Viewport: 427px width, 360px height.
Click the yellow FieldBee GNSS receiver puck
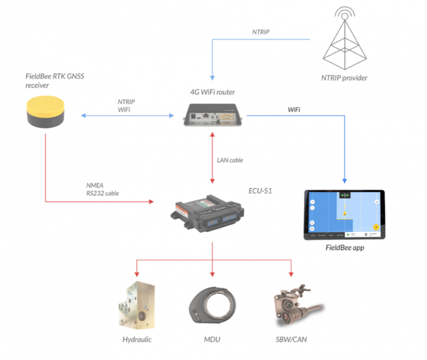coord(47,111)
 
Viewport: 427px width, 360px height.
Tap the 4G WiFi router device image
coord(213,115)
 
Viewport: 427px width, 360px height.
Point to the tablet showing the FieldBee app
coord(344,215)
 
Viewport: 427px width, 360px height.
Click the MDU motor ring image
coord(213,307)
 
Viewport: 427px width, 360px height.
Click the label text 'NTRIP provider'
coord(345,77)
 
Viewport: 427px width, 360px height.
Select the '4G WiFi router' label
coord(213,91)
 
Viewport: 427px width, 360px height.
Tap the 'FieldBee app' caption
coord(345,248)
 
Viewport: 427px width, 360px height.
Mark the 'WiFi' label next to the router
coord(294,110)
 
